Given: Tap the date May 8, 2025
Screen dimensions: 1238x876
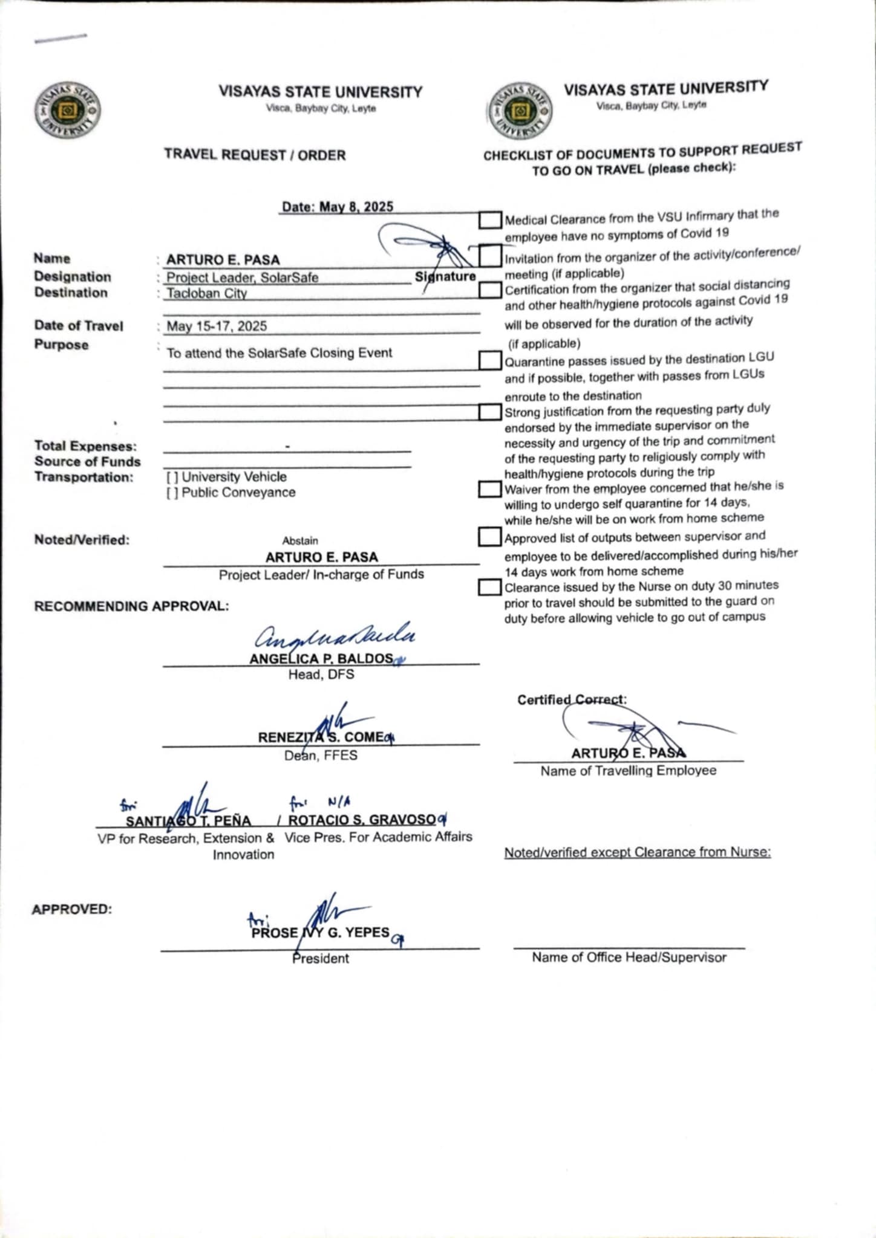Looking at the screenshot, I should pyautogui.click(x=338, y=207).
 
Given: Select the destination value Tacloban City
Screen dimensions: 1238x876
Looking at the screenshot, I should pyautogui.click(x=207, y=294).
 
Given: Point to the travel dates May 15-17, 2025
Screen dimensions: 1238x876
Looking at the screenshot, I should pyautogui.click(x=217, y=326).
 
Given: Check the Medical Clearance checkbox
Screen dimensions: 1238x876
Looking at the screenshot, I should pyautogui.click(x=489, y=220).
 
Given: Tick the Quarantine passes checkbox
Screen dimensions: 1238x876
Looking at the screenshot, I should pyautogui.click(x=489, y=360).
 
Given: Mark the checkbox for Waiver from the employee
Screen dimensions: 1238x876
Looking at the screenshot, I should pyautogui.click(x=489, y=489).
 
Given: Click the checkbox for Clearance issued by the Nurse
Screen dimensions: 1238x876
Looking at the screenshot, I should pyautogui.click(x=489, y=587).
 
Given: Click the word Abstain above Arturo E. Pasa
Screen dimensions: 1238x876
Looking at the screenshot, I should pyautogui.click(x=300, y=541).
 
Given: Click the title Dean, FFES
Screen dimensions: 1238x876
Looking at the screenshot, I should pyautogui.click(x=321, y=756).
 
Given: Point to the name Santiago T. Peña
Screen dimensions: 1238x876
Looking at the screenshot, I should pyautogui.click(x=188, y=821).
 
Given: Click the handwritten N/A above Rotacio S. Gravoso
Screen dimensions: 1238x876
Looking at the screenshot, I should pyautogui.click(x=339, y=802).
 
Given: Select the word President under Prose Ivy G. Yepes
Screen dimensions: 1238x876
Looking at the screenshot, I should pyautogui.click(x=321, y=959).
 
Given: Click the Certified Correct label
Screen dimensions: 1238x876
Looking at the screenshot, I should pyautogui.click(x=572, y=700).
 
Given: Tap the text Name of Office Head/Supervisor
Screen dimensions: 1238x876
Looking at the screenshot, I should pyautogui.click(x=629, y=958).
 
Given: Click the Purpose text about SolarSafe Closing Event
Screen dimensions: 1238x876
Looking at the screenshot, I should pyautogui.click(x=279, y=353).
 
